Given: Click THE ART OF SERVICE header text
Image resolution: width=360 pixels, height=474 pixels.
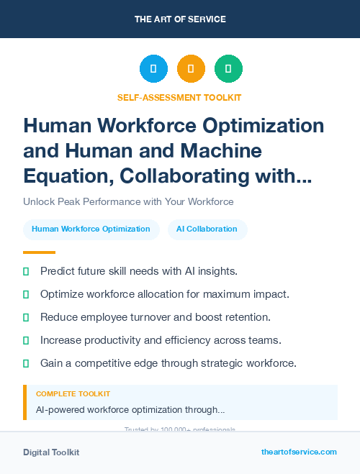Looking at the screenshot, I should click(x=180, y=19).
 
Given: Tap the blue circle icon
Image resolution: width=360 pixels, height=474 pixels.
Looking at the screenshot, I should click(x=153, y=69).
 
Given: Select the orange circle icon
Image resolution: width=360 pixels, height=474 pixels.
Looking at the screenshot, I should click(x=191, y=69).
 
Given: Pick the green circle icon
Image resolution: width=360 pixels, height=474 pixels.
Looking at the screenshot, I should click(x=228, y=69).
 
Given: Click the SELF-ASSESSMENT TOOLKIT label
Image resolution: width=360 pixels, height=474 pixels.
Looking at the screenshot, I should click(x=180, y=97).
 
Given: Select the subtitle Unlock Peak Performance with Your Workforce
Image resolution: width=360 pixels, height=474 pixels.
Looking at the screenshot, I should click(x=128, y=201).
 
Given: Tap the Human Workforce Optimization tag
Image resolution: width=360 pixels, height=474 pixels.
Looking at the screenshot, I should click(x=91, y=229).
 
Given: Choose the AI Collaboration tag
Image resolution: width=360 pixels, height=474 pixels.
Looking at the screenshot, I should click(x=207, y=229).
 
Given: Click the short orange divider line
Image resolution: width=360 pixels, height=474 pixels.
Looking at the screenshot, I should click(x=39, y=252).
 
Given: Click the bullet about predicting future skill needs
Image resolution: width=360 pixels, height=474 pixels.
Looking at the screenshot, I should click(x=139, y=271).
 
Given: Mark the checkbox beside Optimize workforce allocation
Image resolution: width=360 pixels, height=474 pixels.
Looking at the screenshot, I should click(x=26, y=294).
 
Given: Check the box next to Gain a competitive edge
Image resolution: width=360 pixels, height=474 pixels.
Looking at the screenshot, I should click(x=26, y=363).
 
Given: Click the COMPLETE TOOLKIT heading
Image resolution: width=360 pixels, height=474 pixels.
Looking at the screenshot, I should click(x=73, y=394).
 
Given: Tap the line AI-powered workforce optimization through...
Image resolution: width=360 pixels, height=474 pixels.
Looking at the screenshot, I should click(x=130, y=409).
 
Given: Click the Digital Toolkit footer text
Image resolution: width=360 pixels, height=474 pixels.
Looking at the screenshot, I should click(x=51, y=452).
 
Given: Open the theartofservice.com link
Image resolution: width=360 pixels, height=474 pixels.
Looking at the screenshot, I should click(x=299, y=452).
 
